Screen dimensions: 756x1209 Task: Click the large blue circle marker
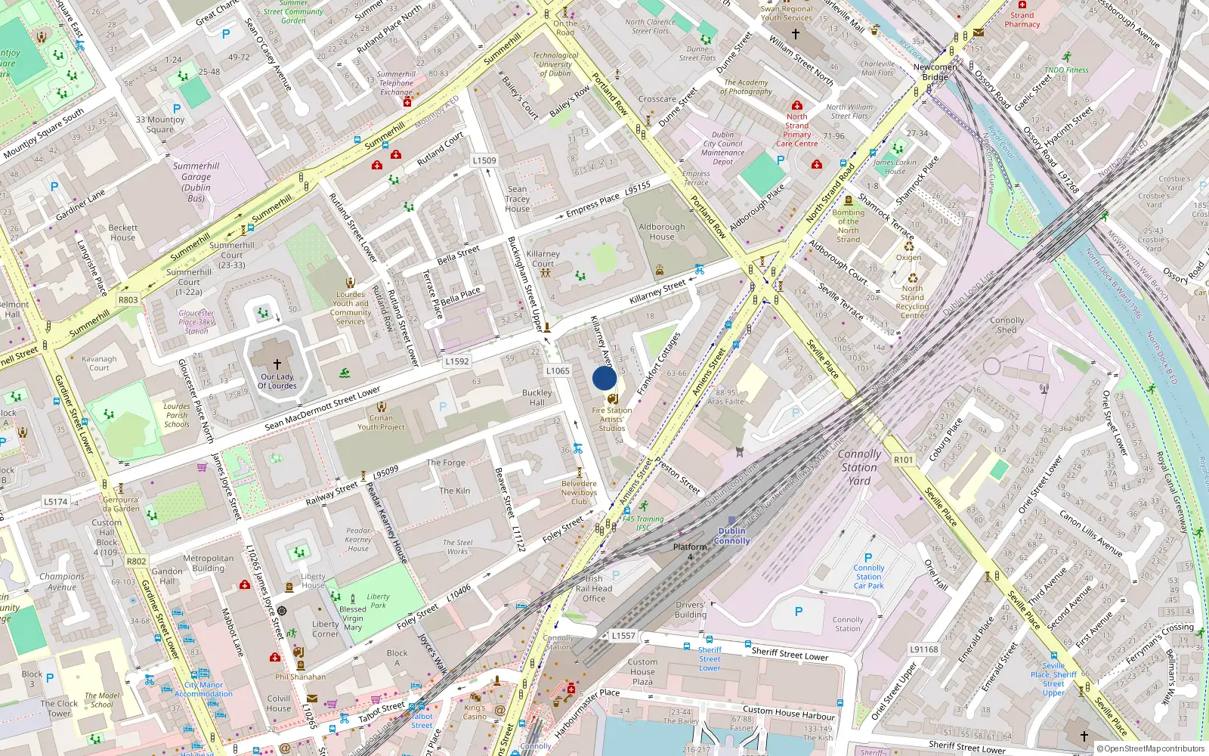604,378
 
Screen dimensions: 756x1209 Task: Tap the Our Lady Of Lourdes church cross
277,364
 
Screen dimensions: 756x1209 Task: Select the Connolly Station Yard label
859,467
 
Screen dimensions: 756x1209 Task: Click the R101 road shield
903,460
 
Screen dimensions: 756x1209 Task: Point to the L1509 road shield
484,160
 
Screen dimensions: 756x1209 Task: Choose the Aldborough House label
662,231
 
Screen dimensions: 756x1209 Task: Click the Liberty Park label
379,601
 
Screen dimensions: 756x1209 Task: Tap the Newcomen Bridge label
935,72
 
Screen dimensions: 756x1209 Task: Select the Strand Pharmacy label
1022,20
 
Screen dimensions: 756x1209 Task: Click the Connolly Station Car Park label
869,577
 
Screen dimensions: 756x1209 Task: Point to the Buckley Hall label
537,398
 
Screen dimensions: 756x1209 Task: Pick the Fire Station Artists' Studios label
612,420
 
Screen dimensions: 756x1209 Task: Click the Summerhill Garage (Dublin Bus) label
196,182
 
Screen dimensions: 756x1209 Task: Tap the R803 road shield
128,300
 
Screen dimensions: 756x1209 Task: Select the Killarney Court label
543,259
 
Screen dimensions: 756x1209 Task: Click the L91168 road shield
923,649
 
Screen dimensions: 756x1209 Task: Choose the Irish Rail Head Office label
594,588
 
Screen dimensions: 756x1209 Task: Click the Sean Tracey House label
518,199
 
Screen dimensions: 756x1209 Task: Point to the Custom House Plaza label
642,671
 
